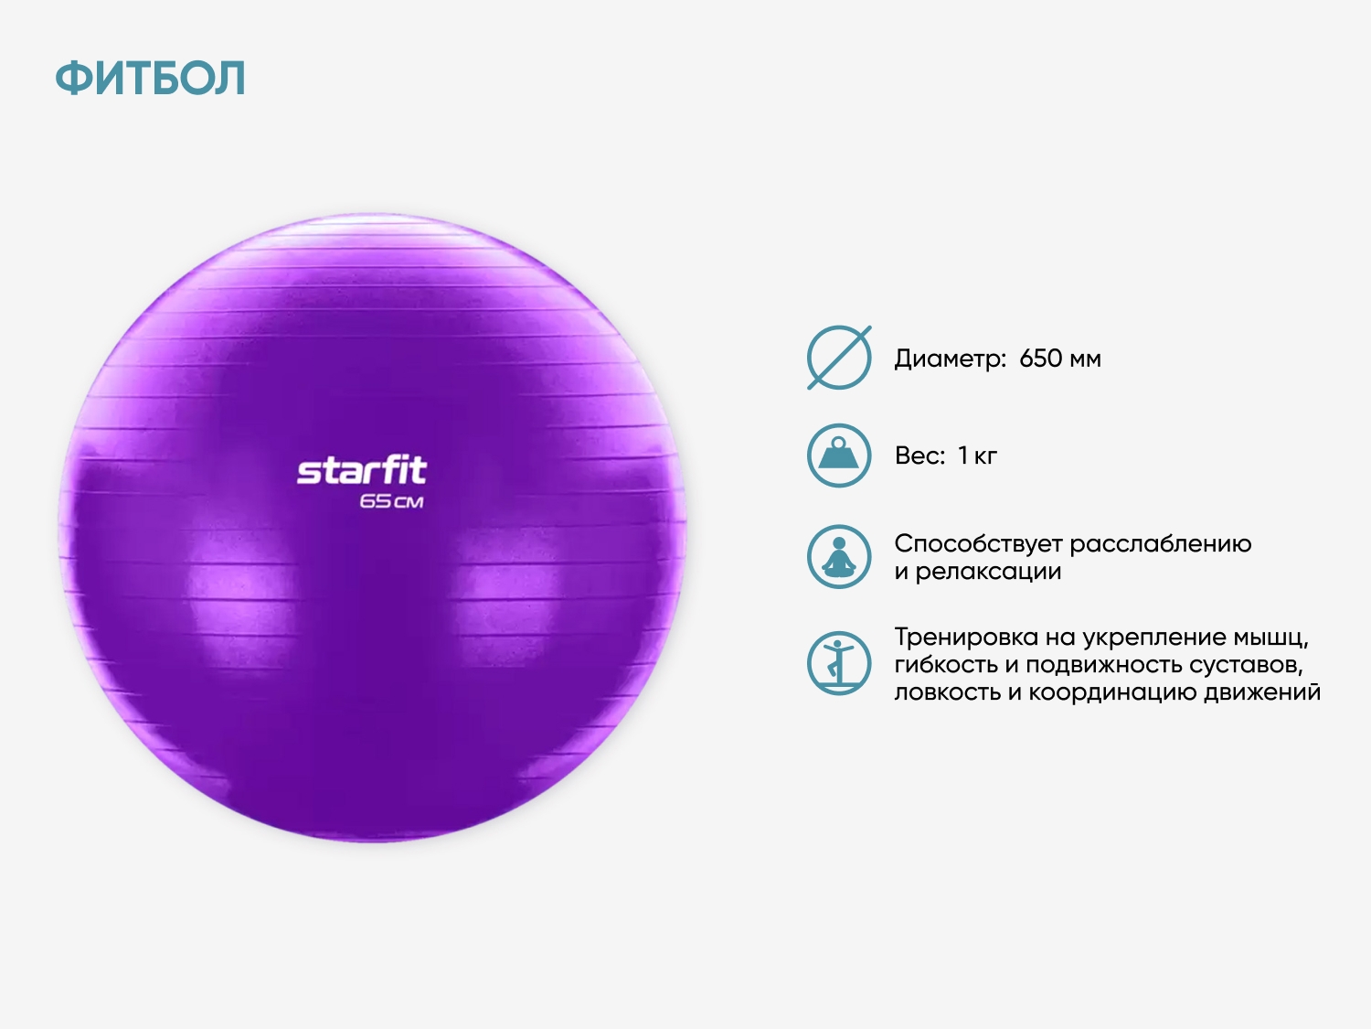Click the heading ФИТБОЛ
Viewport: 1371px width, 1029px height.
150,78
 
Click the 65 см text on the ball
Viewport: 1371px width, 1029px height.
391,501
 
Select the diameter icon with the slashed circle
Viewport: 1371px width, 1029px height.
839,358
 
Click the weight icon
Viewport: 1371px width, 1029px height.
839,456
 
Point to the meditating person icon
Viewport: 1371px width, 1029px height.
839,557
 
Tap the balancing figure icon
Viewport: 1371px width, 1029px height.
839,663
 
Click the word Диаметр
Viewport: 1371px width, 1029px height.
950,359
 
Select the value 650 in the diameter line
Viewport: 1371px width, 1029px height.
1040,359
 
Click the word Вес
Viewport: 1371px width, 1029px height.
920,456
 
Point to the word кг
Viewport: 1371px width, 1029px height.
985,456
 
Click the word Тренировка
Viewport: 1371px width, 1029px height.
966,638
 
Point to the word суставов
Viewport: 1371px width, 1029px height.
1246,666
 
